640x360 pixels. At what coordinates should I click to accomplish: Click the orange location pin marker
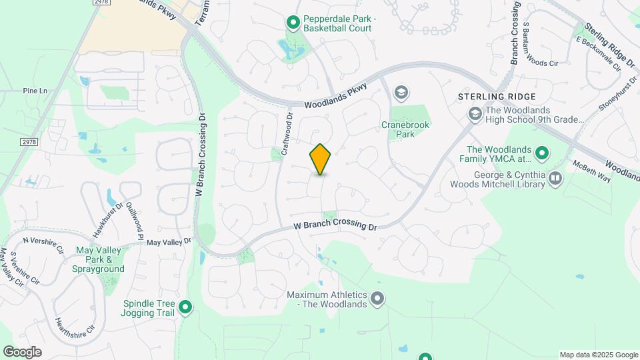coord(321,159)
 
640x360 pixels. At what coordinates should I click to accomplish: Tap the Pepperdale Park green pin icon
coord(293,23)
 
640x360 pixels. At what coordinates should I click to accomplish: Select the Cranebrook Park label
coord(405,129)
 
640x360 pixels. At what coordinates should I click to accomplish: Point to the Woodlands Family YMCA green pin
coord(542,154)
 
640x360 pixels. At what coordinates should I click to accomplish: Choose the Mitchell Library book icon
coord(555,178)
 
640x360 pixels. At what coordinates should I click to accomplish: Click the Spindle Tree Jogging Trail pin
coord(185,307)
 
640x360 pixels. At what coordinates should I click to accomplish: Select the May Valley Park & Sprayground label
coord(100,259)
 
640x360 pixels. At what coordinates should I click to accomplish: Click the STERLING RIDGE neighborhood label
coord(489,97)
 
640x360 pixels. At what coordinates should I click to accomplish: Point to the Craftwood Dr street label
coord(287,134)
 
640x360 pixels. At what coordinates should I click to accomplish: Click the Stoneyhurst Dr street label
coord(601,102)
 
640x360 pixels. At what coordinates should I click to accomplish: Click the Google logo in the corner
coord(21,352)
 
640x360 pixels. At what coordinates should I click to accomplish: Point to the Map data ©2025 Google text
coord(598,355)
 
